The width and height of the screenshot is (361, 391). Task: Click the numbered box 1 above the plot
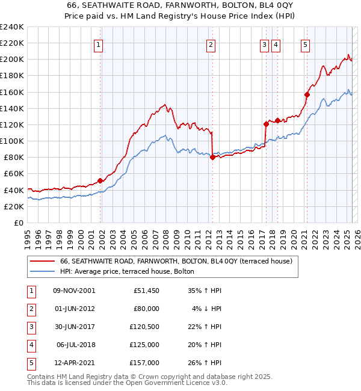click(98, 44)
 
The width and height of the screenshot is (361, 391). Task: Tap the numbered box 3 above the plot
click(265, 44)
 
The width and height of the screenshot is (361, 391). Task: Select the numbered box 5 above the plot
click(306, 44)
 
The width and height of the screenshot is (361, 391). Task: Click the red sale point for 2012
click(212, 158)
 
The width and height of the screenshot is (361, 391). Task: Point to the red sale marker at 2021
click(307, 94)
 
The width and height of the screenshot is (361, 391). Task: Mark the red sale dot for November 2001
click(100, 180)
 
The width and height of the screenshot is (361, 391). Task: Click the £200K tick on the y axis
click(11, 60)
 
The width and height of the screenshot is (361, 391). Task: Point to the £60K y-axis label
click(13, 174)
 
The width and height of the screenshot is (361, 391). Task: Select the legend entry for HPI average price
click(127, 271)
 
